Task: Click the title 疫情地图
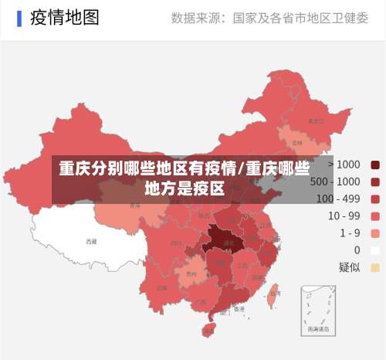pyautogui.click(x=65, y=17)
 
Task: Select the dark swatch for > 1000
pyautogui.click(x=375, y=165)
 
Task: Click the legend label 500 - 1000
pyautogui.click(x=334, y=182)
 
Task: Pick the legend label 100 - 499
pyautogui.click(x=338, y=199)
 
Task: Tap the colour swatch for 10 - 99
pyautogui.click(x=375, y=216)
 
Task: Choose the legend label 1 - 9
pyautogui.click(x=344, y=233)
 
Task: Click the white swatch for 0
pyautogui.click(x=375, y=250)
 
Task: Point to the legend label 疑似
pyautogui.click(x=349, y=267)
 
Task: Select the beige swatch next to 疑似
pyautogui.click(x=375, y=267)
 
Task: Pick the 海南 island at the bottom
pyautogui.click(x=208, y=331)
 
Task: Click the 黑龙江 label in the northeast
pyautogui.click(x=315, y=121)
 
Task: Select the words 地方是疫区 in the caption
pyautogui.click(x=185, y=187)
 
